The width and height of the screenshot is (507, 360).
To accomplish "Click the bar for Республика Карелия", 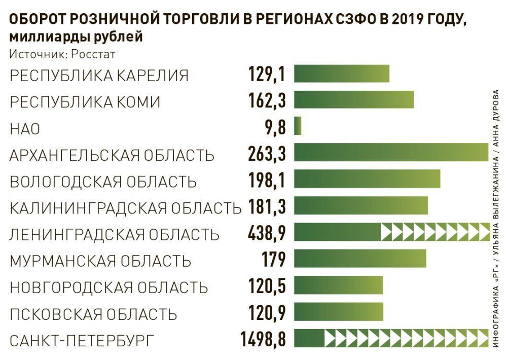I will (341, 74).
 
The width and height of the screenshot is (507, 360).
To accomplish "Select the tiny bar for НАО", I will (298, 126).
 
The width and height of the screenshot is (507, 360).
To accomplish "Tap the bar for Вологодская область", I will (367, 179).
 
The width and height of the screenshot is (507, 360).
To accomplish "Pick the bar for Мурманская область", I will (359, 258).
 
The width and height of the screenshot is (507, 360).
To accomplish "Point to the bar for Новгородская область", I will (338, 285).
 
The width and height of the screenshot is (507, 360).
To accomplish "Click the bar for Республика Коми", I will (353, 99).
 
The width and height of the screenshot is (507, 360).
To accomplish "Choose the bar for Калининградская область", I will (360, 205).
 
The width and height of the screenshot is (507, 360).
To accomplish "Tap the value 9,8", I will (274, 127).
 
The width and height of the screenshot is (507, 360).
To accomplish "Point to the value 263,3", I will (267, 153).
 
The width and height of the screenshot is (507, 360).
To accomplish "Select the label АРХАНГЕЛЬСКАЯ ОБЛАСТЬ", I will (112, 155).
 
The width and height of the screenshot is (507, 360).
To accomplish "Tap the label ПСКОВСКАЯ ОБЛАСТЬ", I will (94, 314).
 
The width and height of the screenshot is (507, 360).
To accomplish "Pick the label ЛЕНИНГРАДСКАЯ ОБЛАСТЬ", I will (115, 234).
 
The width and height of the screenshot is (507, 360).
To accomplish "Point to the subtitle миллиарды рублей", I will (76, 38).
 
